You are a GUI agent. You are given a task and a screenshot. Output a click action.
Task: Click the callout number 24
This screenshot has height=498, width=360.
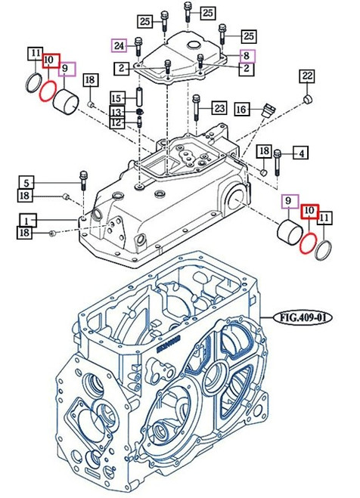click(x=119, y=45)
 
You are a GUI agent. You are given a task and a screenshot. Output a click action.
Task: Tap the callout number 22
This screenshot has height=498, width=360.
click(x=306, y=76)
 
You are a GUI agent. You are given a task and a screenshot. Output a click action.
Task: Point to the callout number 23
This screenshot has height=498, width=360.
click(x=219, y=107)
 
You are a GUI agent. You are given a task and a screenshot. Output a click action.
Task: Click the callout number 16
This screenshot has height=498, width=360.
click(x=241, y=109)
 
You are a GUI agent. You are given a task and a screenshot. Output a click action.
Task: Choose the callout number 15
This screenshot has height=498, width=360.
click(x=116, y=98)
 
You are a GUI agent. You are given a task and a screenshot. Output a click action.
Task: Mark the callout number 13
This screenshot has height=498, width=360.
click(x=116, y=112)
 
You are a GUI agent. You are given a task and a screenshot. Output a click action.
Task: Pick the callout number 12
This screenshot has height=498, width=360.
click(x=116, y=123)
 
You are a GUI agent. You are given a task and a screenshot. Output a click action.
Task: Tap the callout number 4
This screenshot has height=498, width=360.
click(x=301, y=154)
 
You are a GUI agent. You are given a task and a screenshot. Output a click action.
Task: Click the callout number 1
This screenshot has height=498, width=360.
click(x=29, y=220)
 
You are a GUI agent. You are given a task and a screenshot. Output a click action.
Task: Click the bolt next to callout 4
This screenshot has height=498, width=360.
click(x=278, y=160)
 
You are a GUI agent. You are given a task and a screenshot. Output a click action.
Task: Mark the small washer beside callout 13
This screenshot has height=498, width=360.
click(x=139, y=113)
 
